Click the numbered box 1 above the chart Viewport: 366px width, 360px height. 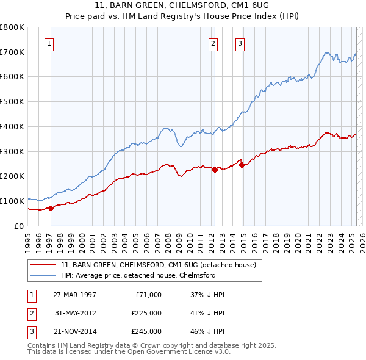click(48, 43)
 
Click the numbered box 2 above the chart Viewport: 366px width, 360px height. click(213, 43)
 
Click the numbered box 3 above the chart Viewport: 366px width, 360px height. click(240, 43)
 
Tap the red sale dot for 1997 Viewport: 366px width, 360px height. click(51, 208)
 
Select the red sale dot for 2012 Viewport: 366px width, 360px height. click(215, 170)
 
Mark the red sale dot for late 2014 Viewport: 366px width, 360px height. click(242, 165)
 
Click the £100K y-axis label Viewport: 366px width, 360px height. click(12, 201)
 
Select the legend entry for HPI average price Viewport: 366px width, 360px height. click(138, 275)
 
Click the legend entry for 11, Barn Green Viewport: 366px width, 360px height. click(162, 265)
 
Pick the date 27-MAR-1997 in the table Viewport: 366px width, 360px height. click(74, 294)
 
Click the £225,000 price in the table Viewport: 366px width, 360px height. click(146, 313)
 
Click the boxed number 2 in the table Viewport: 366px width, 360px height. click(30, 313)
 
